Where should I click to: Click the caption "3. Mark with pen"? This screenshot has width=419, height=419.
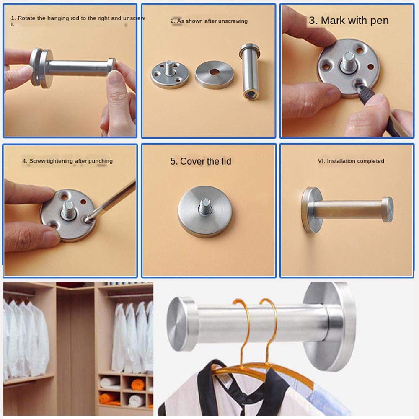coord(349,21)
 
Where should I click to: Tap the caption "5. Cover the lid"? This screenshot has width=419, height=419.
coord(201,161)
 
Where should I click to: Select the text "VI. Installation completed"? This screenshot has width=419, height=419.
coord(351,161)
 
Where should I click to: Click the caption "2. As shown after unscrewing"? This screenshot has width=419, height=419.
coord(209,21)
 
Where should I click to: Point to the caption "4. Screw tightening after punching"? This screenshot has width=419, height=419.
coord(67,161)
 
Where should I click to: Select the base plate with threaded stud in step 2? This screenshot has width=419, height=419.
coord(170,75)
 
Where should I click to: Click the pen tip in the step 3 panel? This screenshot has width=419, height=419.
coord(357,85)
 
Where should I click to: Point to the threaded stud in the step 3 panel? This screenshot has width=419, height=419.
coord(348,62)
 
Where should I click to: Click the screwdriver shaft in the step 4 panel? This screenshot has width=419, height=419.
coord(112,200)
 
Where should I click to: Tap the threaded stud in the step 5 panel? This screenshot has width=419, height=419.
coord(205,207)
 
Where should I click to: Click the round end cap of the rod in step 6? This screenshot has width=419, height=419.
coord(388,209)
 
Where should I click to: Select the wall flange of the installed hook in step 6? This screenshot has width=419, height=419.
coord(310,210)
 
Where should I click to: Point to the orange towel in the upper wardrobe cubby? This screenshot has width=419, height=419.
coord(138,385)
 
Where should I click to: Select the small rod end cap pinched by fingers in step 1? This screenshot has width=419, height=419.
coord(112,66)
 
